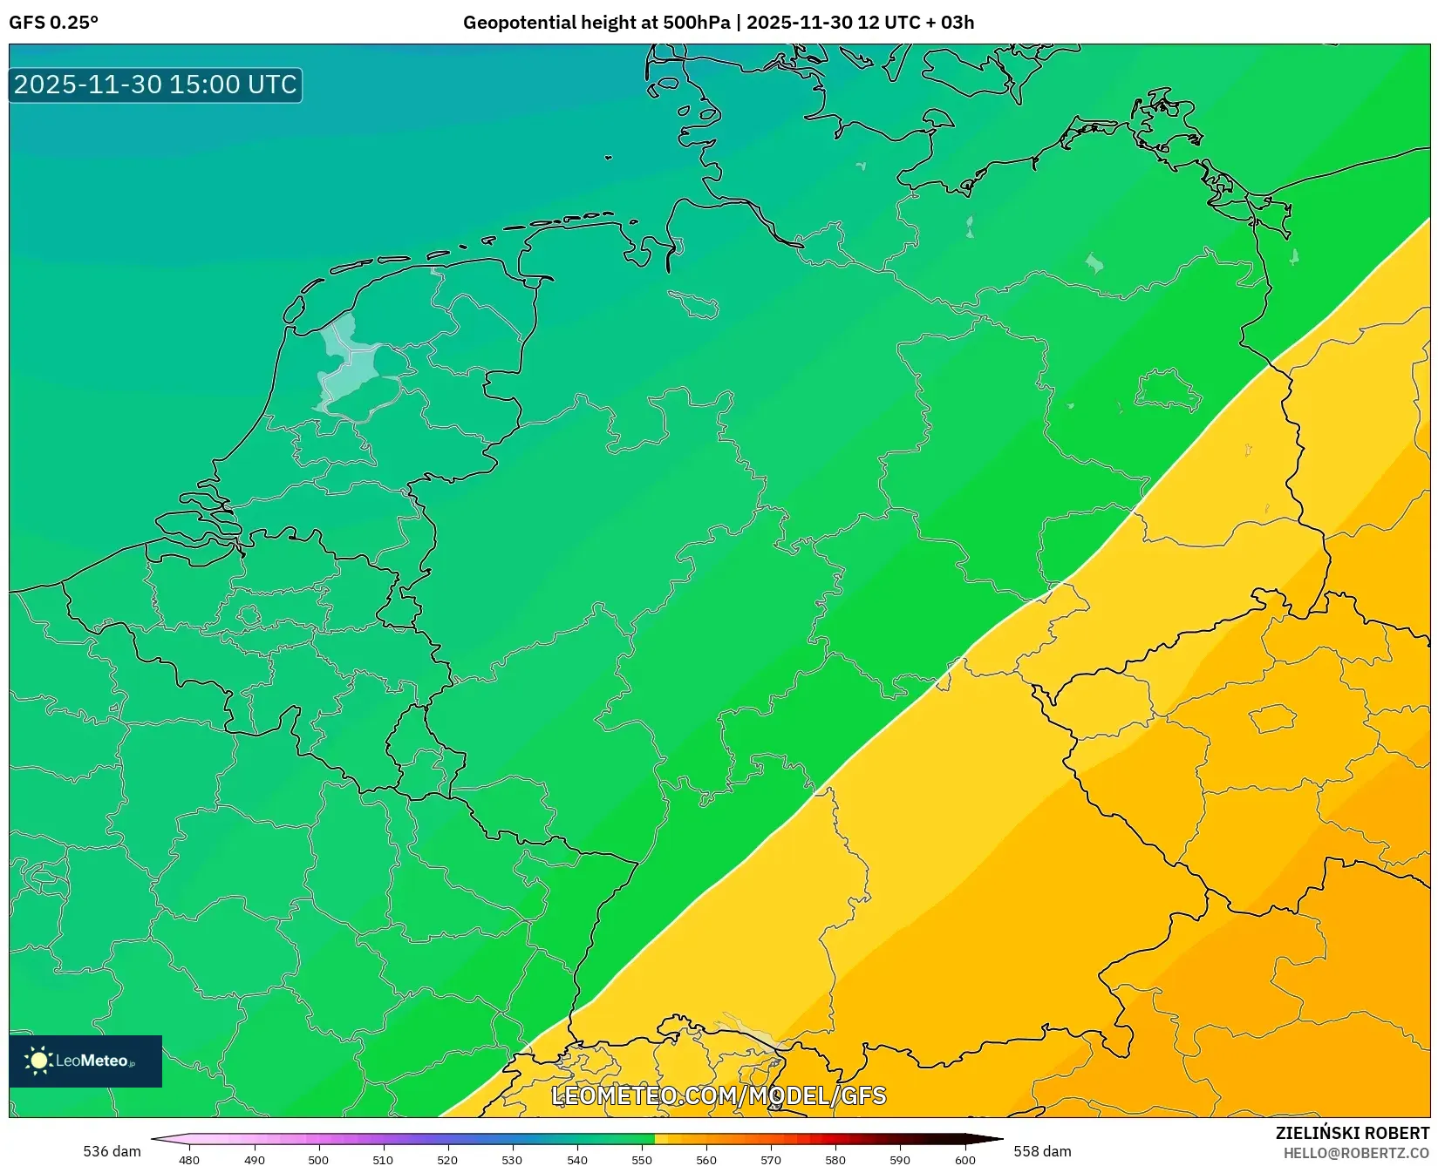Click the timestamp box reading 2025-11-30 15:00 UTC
[155, 85]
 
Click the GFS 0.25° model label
[53, 23]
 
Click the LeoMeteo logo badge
[85, 1061]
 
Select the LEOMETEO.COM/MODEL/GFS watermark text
[719, 1095]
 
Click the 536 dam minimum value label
[112, 1151]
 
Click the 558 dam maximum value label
[1042, 1151]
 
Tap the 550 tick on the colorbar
[642, 1159]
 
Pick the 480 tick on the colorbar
[189, 1159]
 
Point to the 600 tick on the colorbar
[964, 1159]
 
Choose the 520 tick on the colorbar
[447, 1159]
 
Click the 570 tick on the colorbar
[771, 1159]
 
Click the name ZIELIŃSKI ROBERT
[1352, 1133]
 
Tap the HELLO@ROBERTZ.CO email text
[1355, 1153]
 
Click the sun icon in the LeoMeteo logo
[38, 1061]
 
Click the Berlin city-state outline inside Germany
[1168, 390]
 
